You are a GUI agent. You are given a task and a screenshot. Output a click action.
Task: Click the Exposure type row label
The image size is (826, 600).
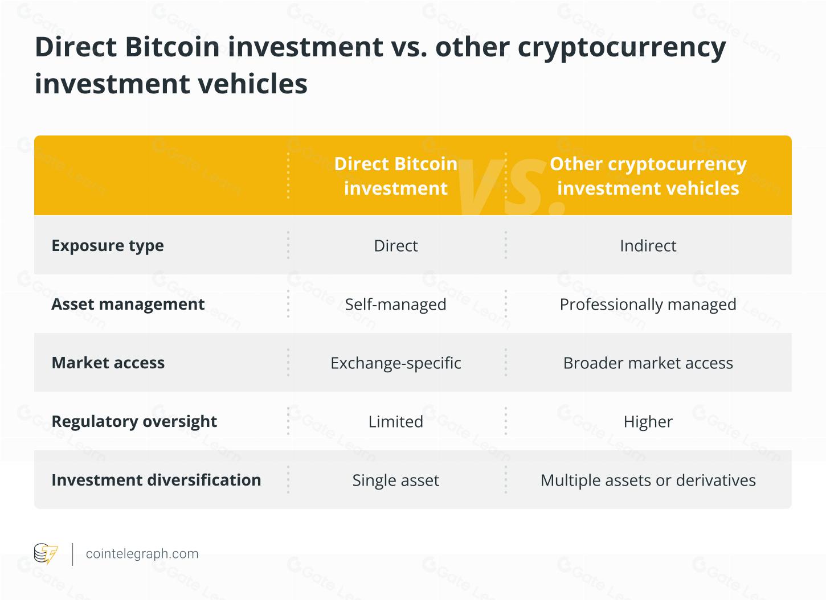tap(108, 245)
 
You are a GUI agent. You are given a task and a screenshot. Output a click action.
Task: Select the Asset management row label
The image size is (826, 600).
tap(128, 304)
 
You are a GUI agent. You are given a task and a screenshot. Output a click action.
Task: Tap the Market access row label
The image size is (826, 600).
tap(108, 363)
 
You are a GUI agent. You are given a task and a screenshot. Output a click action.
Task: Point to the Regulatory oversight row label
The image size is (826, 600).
tap(134, 421)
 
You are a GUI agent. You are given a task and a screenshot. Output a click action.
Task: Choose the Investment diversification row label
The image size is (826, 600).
tap(156, 480)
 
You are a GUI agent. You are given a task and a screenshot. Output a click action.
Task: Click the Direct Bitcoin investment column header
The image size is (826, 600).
tap(395, 176)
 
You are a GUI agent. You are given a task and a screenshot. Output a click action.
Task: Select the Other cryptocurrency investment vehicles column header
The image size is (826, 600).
tap(648, 176)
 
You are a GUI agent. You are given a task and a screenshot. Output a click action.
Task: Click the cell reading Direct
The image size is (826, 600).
tap(395, 245)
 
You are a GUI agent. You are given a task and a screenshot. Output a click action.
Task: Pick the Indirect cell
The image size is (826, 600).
tap(648, 245)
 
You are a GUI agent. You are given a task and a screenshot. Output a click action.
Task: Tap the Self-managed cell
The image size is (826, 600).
tap(395, 305)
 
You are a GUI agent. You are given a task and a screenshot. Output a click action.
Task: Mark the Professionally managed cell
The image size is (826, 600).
tap(648, 305)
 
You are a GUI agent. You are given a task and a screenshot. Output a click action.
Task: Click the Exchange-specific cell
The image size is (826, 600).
tap(395, 363)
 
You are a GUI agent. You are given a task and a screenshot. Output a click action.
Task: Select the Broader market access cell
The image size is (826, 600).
tap(648, 363)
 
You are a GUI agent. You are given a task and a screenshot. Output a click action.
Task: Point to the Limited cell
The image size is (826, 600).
tap(395, 422)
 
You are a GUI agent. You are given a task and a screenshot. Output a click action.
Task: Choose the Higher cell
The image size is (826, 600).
tap(648, 422)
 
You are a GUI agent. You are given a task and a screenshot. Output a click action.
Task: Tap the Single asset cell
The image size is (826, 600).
tap(395, 480)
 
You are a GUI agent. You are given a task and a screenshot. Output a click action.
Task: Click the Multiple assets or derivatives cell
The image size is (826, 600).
tap(648, 480)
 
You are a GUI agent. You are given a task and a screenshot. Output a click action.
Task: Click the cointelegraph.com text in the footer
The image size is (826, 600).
tap(142, 554)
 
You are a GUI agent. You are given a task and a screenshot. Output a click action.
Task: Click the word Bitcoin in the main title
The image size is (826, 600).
tap(172, 47)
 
